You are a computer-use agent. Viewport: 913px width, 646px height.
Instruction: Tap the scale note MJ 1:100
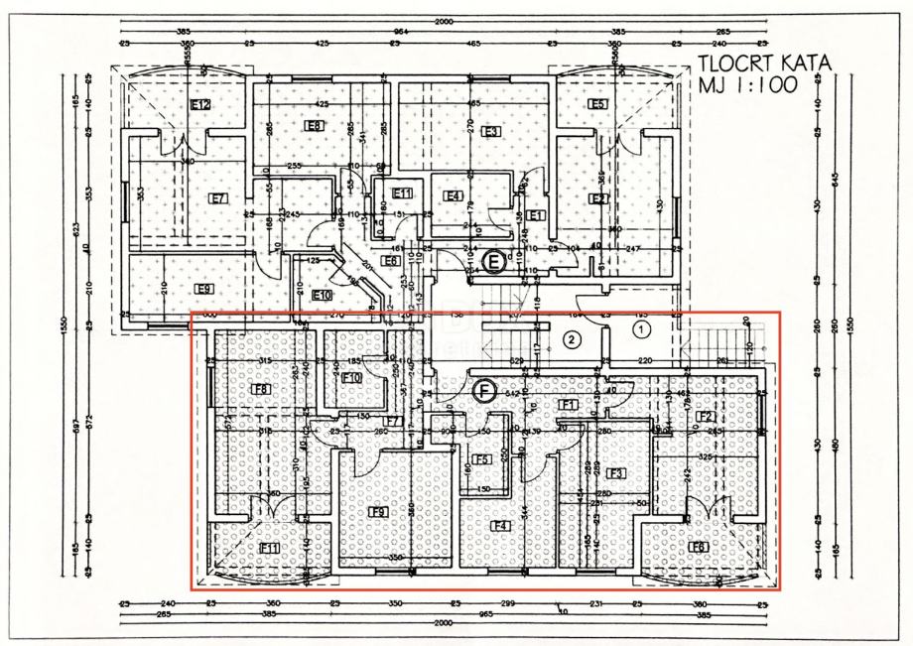click(747, 85)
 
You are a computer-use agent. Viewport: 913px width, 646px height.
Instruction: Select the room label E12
click(201, 104)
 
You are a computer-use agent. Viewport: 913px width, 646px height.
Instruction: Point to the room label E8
click(315, 126)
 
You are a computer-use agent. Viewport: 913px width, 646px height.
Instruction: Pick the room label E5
click(597, 104)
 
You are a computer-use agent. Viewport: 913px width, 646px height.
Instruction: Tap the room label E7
click(218, 198)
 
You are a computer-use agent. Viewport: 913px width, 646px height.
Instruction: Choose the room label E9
click(203, 289)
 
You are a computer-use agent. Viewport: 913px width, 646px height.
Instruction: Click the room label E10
click(322, 295)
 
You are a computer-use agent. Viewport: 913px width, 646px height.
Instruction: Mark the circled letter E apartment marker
click(492, 261)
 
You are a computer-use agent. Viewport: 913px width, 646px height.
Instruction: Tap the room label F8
click(262, 389)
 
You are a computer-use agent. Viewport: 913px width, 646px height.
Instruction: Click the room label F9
click(378, 512)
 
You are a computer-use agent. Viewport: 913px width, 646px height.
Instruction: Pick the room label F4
click(500, 525)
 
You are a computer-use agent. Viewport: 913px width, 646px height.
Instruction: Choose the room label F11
click(269, 548)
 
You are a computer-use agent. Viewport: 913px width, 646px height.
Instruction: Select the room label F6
click(699, 547)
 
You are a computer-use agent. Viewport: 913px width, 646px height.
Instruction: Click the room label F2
click(705, 417)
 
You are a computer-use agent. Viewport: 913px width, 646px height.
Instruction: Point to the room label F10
click(351, 378)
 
